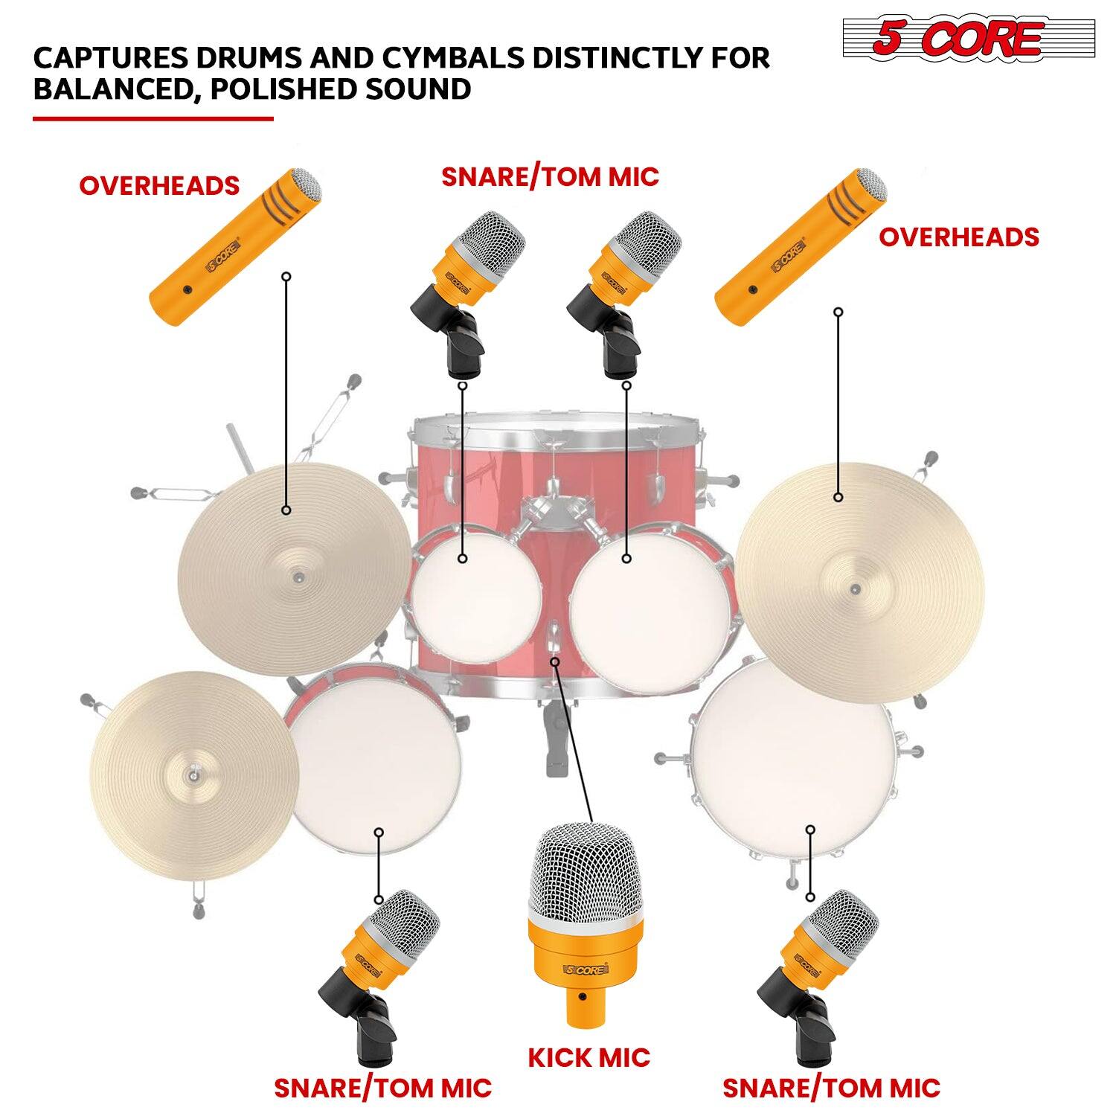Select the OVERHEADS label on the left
[x=159, y=185]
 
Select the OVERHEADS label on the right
[x=959, y=237]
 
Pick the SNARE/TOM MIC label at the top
[x=550, y=177]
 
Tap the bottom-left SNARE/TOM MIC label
[x=382, y=1088]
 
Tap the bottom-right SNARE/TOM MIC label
[x=831, y=1088]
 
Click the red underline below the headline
[x=153, y=118]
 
